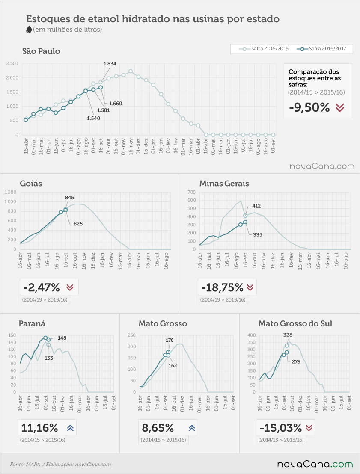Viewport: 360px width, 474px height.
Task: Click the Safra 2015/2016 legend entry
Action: [x=264, y=49]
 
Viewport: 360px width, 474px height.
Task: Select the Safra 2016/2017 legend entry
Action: [x=321, y=49]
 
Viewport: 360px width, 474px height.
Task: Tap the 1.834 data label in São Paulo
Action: [x=110, y=64]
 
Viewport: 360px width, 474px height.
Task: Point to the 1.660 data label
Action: [x=116, y=104]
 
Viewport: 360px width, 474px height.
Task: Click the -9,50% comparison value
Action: [x=309, y=107]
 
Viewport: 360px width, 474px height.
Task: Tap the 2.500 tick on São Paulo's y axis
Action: [x=12, y=63]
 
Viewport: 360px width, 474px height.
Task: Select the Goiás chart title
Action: [x=31, y=184]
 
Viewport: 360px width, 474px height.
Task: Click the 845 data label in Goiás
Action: [x=69, y=197]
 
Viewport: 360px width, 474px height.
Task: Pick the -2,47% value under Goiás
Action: [x=42, y=287]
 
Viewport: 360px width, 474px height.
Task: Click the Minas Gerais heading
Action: [x=224, y=184]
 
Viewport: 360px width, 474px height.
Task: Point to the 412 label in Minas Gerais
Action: [x=256, y=206]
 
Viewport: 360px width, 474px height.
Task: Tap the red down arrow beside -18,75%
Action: [x=250, y=287]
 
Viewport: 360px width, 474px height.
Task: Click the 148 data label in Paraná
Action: [x=62, y=338]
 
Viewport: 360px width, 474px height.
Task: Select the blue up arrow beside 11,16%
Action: [x=70, y=428]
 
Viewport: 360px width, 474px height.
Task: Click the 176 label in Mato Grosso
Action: [x=170, y=340]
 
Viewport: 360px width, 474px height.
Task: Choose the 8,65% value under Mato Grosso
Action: [x=158, y=428]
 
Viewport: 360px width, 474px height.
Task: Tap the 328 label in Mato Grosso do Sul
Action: [x=288, y=335]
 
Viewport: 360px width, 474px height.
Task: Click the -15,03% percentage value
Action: [x=281, y=428]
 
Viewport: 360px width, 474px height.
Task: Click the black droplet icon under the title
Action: [x=29, y=30]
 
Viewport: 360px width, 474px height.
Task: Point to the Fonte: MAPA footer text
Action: [x=25, y=464]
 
